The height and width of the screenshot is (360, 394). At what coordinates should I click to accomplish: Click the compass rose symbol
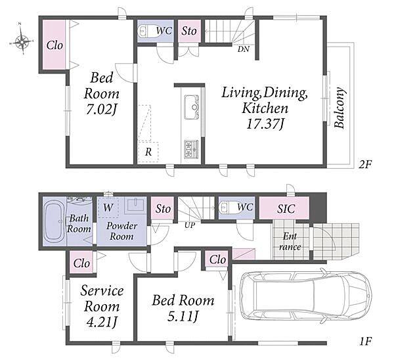[x=22, y=41]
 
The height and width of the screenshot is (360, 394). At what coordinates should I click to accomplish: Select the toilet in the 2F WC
[x=148, y=32]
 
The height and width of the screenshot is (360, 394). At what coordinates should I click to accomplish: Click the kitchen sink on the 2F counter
[x=192, y=107]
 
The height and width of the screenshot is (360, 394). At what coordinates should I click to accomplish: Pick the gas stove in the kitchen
[x=192, y=149]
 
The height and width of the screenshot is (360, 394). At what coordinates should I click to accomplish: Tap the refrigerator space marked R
[x=148, y=152]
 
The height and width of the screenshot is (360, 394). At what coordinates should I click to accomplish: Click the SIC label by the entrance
[x=286, y=209]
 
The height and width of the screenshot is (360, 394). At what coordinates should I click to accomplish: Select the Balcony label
[x=339, y=108]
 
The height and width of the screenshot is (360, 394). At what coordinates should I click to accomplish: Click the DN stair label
[x=244, y=49]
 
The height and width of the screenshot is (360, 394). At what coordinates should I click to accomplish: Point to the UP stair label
[x=190, y=225]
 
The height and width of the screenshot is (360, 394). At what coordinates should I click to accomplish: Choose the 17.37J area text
[x=265, y=124]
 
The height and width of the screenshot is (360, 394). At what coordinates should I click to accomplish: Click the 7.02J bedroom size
[x=102, y=110]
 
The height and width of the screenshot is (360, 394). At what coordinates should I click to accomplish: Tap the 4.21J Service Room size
[x=102, y=323]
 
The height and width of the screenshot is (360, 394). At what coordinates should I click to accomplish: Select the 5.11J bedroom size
[x=183, y=316]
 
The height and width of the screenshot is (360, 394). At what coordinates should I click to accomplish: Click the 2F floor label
[x=365, y=164]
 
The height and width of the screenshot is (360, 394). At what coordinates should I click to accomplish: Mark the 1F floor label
[x=365, y=342]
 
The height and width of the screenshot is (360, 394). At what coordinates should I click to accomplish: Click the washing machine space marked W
[x=108, y=208]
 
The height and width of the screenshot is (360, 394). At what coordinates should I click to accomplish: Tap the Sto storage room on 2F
[x=189, y=31]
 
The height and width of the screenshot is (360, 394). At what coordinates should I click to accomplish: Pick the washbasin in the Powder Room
[x=136, y=205]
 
